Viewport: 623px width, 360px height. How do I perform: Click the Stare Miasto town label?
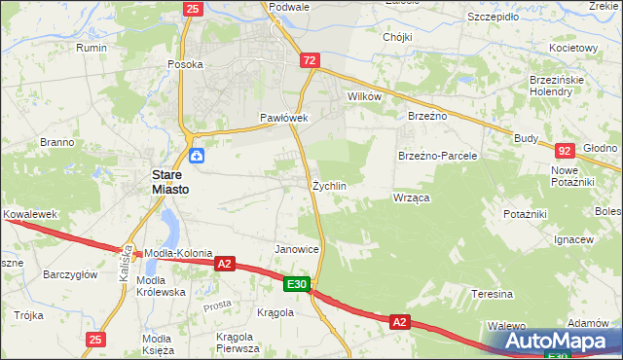(168, 182)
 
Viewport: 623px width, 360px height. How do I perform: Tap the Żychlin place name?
(330, 185)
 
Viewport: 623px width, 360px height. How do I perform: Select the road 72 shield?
(310, 60)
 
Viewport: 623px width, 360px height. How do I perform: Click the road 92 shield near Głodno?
(565, 151)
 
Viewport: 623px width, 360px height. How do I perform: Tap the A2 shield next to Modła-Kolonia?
(225, 263)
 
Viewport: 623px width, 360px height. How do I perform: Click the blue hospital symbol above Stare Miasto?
(197, 155)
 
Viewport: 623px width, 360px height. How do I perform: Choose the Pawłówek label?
(283, 118)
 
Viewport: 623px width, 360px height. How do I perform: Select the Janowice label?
(298, 249)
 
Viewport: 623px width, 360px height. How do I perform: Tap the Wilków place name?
(364, 97)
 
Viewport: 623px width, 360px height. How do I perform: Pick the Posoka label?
(185, 64)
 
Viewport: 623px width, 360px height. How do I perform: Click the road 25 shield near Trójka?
(94, 340)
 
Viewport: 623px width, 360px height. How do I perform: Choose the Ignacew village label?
(573, 239)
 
